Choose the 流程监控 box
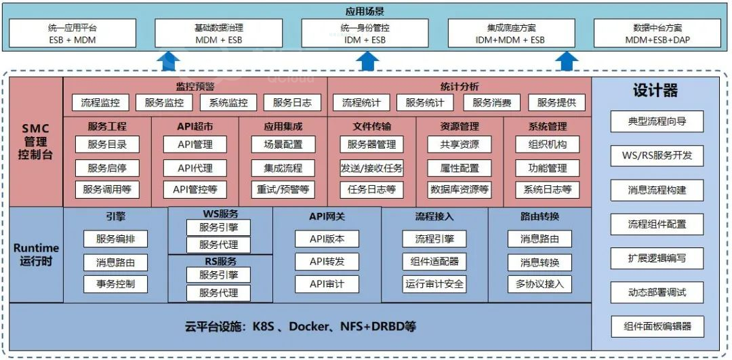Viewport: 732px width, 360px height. point(100,103)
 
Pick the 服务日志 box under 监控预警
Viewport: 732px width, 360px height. point(292,103)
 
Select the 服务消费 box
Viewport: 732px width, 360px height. point(492,103)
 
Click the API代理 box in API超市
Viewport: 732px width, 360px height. point(195,167)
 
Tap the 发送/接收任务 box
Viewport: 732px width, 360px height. point(371,167)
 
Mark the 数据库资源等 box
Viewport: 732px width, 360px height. point(460,190)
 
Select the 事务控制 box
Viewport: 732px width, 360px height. point(116,283)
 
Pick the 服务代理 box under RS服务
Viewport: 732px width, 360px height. point(218,293)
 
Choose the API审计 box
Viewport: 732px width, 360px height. point(327,283)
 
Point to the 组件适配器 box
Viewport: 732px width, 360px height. point(434,262)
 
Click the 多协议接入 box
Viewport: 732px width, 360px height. point(540,283)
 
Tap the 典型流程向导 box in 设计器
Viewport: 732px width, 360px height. point(657,121)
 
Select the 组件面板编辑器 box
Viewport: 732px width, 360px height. point(657,326)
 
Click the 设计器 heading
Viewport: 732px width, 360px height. point(655,91)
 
